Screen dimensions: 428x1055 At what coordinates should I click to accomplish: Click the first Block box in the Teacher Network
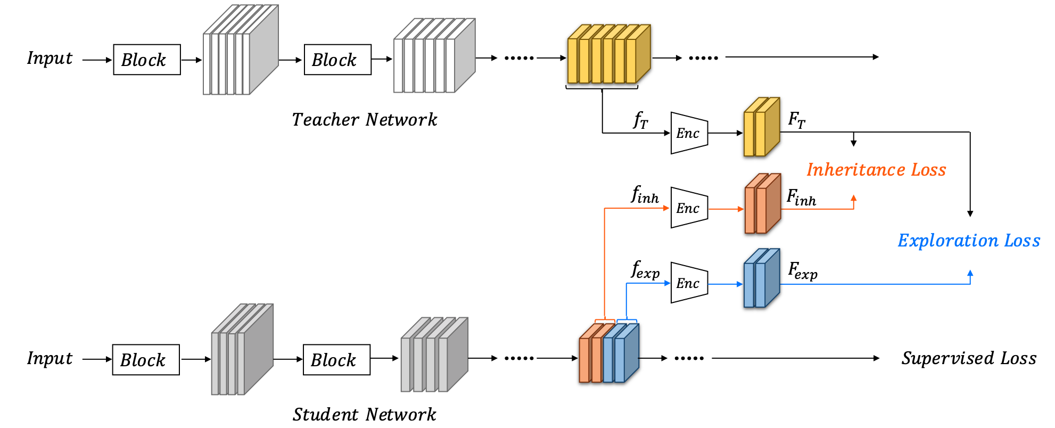coord(147,60)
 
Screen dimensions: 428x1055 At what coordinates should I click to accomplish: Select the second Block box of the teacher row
coord(337,60)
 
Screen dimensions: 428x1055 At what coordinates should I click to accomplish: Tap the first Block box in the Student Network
coord(146,360)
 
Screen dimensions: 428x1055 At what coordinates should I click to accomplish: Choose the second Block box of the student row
coord(336,360)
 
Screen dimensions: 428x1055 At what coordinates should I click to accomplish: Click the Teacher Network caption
coord(365,120)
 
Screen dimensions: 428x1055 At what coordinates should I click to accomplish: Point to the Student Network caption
coord(365,414)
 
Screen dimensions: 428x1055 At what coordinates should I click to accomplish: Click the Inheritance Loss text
coord(876,170)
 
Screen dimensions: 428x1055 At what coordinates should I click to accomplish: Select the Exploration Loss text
coord(969,241)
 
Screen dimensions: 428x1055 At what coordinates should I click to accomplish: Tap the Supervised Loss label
coord(969,358)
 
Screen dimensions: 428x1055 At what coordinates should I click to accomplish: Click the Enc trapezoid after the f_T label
coord(689,133)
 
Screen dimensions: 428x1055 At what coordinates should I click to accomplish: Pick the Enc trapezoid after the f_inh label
coord(689,208)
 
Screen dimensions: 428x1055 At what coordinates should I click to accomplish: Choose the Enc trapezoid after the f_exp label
coord(689,283)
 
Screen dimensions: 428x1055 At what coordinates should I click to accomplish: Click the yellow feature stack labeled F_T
coord(761,127)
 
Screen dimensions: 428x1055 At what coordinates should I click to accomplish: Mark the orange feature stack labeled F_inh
coord(762,204)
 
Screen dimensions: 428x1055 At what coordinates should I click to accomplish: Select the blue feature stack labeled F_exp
coord(761,278)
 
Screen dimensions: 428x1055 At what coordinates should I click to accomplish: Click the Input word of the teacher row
coord(50,58)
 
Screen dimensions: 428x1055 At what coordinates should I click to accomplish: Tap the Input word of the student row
coord(50,358)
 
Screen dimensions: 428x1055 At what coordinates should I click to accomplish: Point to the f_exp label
coord(645,270)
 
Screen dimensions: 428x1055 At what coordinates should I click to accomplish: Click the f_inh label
coord(645,195)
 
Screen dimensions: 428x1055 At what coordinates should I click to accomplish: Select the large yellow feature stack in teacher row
coord(608,54)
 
